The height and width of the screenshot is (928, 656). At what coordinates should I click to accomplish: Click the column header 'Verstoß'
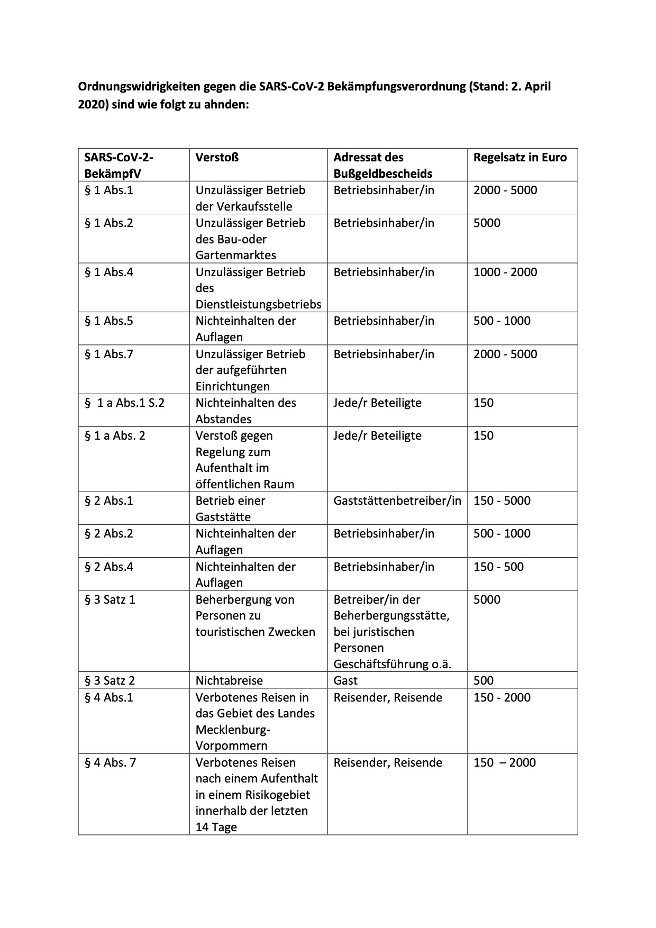tap(217, 157)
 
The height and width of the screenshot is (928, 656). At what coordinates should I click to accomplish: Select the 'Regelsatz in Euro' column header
tap(520, 157)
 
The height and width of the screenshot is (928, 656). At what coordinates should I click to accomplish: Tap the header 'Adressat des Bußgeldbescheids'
tap(382, 165)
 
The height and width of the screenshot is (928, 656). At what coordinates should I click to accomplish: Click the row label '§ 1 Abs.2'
tap(109, 223)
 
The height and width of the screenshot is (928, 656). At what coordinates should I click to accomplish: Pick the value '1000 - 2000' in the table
tap(505, 272)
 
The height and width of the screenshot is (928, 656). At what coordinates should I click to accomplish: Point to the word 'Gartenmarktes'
tap(235, 255)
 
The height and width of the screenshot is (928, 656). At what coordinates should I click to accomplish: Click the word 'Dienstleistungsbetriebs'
tap(258, 304)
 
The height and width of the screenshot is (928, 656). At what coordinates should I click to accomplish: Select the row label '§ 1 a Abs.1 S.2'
tap(125, 403)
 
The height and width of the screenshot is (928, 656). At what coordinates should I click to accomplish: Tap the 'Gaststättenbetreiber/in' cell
tap(397, 501)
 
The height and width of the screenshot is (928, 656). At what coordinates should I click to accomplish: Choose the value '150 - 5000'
tap(502, 501)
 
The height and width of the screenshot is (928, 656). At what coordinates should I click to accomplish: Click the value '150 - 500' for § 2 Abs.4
tap(498, 567)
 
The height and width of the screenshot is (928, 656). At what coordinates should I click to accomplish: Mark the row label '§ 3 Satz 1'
tap(110, 599)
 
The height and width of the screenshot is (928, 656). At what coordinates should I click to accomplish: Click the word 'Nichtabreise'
tap(229, 680)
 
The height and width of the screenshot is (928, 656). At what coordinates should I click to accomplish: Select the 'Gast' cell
tap(345, 680)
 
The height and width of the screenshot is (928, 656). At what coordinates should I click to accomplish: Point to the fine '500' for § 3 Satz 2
tap(483, 680)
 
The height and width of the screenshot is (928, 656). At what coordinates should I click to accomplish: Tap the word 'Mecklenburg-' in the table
tap(233, 730)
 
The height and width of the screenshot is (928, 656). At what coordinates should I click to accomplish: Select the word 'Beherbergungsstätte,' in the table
tap(391, 615)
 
